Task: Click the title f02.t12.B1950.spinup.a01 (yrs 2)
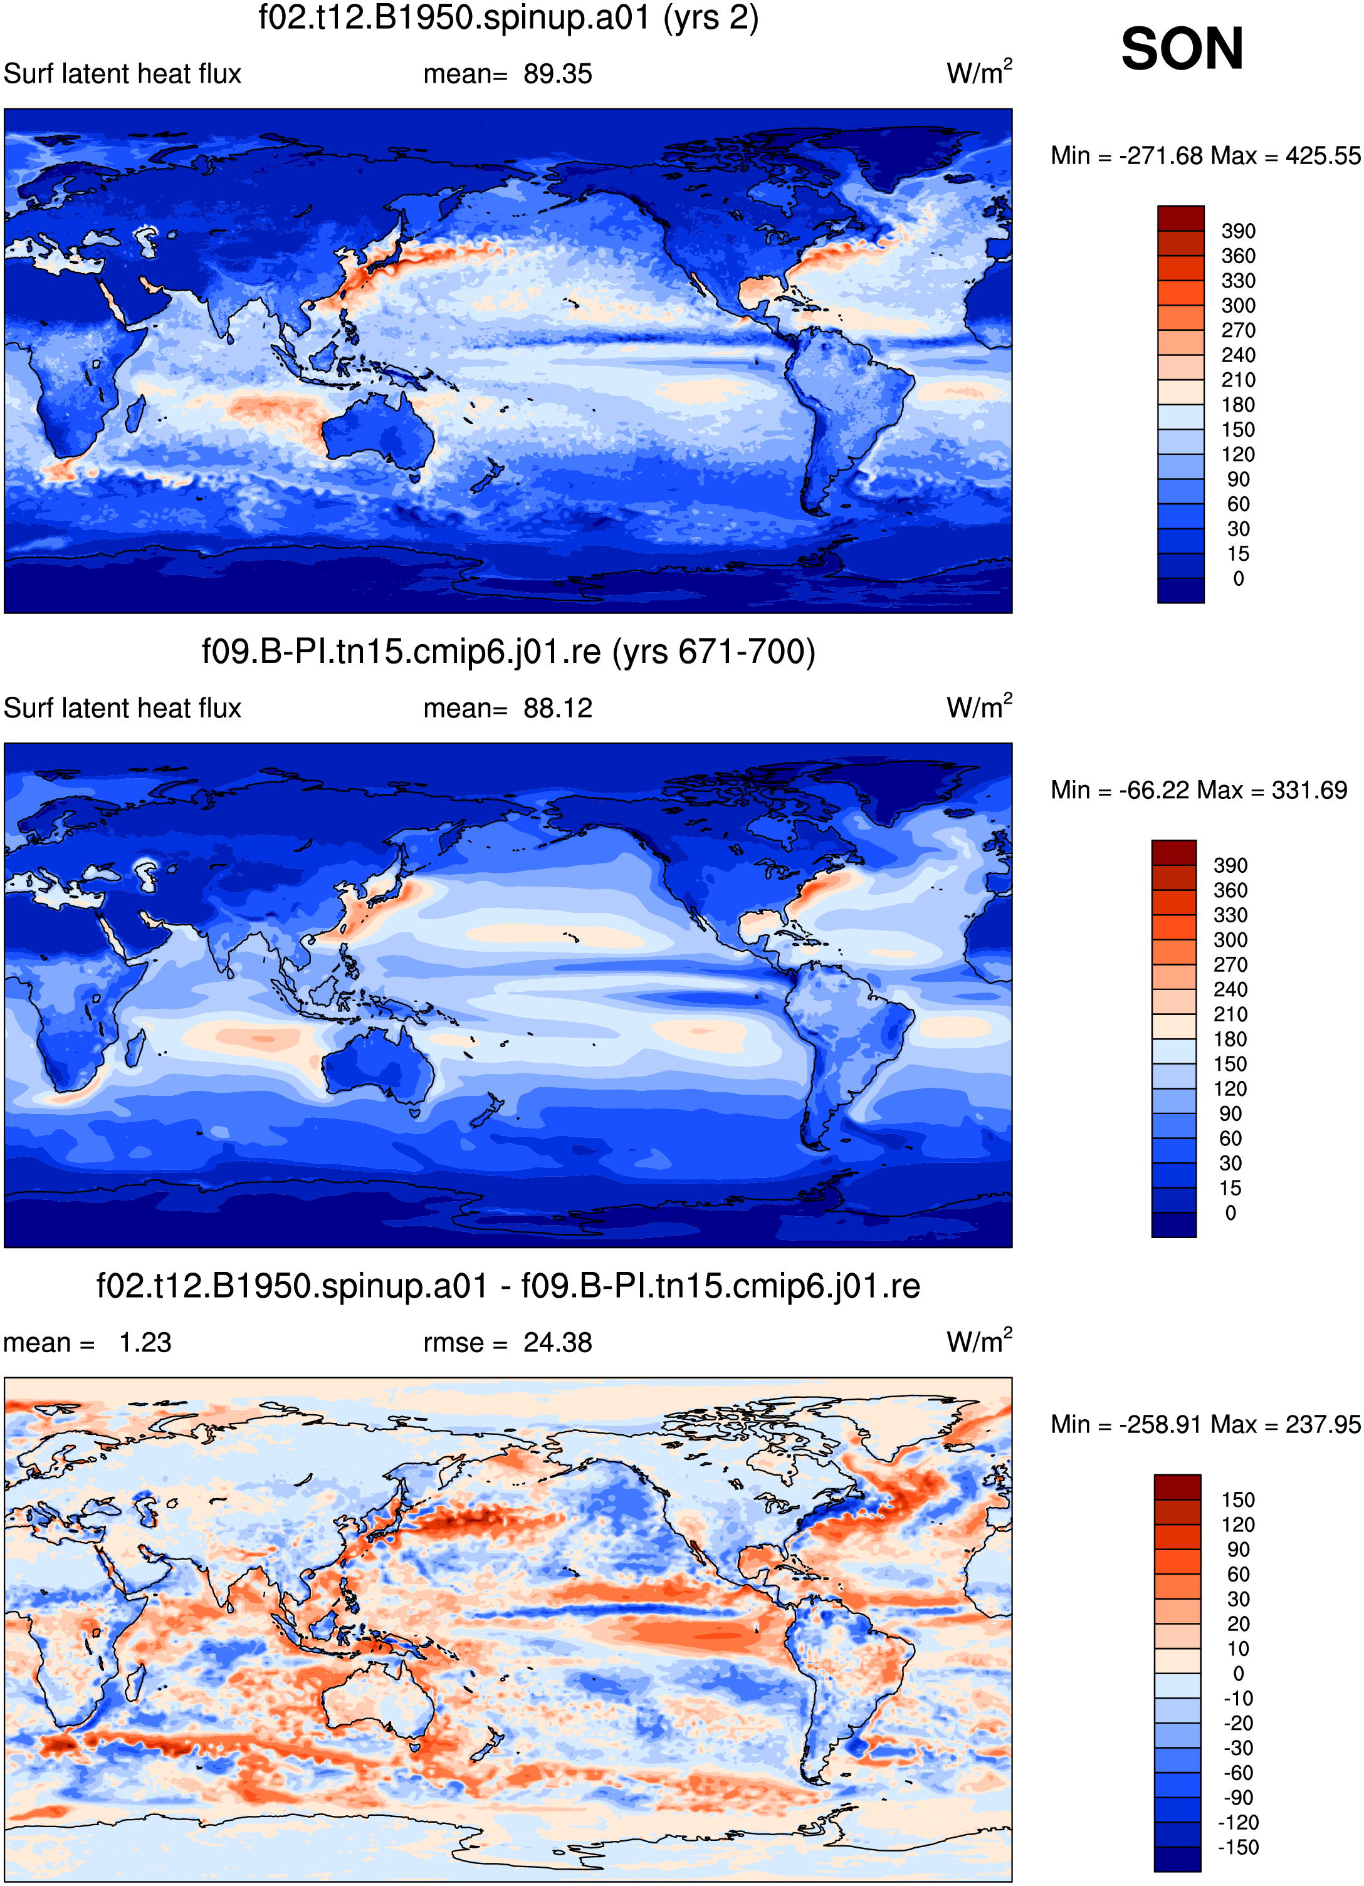pos(508,18)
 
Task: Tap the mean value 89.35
pos(557,74)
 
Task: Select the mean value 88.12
pos(557,709)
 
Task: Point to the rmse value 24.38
pos(557,1343)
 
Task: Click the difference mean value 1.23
pos(145,1343)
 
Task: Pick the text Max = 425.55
pos(1286,155)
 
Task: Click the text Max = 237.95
pos(1286,1424)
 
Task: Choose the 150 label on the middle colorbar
pos(1230,1065)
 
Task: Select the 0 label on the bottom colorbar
pos(1239,1674)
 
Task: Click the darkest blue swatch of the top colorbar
pos(1180,590)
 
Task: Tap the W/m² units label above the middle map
pos(979,707)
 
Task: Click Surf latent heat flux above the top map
pos(122,74)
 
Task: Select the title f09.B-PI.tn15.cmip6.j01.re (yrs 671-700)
pos(508,652)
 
